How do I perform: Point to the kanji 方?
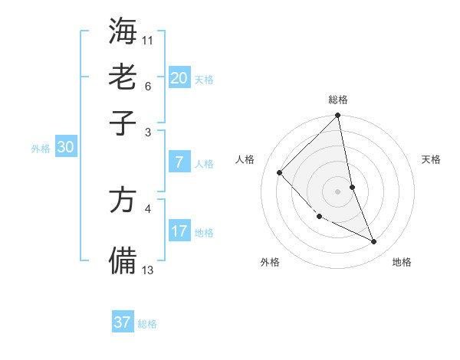pyautogui.click(x=123, y=201)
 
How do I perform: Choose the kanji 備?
pyautogui.click(x=123, y=260)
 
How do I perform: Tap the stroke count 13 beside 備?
pyautogui.click(x=148, y=270)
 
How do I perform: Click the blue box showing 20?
pyautogui.click(x=179, y=77)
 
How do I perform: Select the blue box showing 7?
pyautogui.click(x=179, y=162)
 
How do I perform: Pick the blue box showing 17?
pyautogui.click(x=179, y=231)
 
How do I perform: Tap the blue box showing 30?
pyautogui.click(x=65, y=148)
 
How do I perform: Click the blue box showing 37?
pyautogui.click(x=123, y=322)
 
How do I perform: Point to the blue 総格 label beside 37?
pyautogui.click(x=148, y=324)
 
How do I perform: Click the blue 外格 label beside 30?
pyautogui.click(x=40, y=149)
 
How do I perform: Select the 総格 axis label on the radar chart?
pyautogui.click(x=337, y=100)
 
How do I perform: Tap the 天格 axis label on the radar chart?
pyautogui.click(x=431, y=159)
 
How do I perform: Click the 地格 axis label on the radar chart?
pyautogui.click(x=402, y=262)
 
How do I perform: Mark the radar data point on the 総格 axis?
pyautogui.click(x=337, y=116)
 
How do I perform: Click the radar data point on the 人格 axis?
pyautogui.click(x=280, y=172)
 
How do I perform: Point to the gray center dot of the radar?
pyautogui.click(x=337, y=191)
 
